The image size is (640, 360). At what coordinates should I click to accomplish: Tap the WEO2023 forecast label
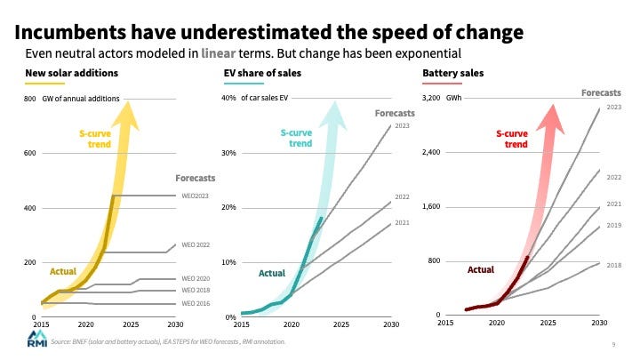[195, 196]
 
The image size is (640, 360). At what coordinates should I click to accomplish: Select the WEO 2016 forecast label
[195, 303]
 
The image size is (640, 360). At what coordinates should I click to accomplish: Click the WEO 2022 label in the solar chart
[196, 244]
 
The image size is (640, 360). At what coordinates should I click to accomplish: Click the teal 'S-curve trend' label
[297, 138]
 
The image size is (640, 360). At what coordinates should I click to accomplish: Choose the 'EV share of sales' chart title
[260, 73]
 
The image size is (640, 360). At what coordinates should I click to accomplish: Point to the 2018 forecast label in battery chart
[613, 265]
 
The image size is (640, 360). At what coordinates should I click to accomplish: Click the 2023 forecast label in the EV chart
[402, 125]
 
